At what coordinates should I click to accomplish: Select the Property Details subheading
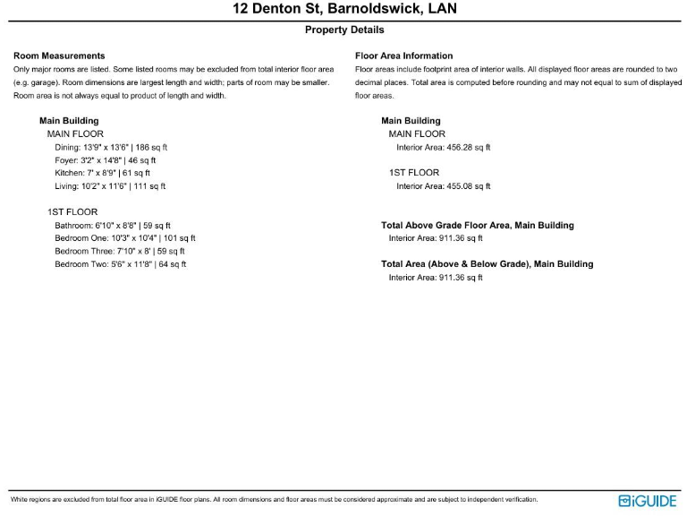[343, 30]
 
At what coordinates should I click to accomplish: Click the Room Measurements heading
[59, 56]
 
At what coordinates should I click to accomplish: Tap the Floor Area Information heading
[403, 56]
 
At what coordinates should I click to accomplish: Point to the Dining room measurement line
[111, 147]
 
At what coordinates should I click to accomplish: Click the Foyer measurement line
[106, 160]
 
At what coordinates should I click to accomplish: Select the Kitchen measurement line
[102, 173]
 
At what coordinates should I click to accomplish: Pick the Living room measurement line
[110, 186]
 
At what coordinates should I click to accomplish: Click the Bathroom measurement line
[113, 226]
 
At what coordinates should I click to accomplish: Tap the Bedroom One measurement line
[125, 238]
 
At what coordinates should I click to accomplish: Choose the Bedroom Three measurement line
[120, 252]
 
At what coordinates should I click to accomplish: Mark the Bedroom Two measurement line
[120, 264]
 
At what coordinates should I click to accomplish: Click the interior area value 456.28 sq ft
[444, 147]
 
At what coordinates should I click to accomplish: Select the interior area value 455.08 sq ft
[444, 186]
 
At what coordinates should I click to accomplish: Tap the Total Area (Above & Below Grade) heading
[487, 264]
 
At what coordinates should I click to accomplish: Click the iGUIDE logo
[648, 501]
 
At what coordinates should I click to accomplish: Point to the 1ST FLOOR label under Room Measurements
[72, 212]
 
